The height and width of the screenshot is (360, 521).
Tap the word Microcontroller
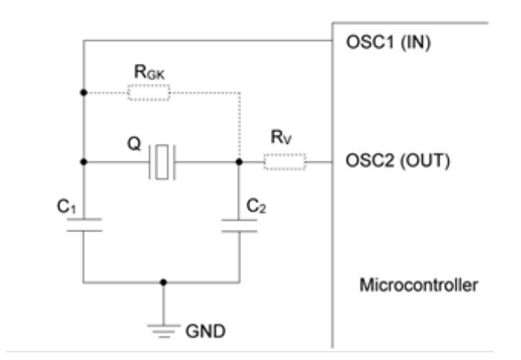pos(411,286)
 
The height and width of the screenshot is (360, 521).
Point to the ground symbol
pos(163,325)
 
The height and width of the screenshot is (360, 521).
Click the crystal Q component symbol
pos(162,162)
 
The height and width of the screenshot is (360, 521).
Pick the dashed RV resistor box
pos(284,162)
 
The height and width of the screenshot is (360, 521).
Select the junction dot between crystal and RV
pos(239,162)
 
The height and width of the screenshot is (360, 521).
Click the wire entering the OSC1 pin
pos(228,42)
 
